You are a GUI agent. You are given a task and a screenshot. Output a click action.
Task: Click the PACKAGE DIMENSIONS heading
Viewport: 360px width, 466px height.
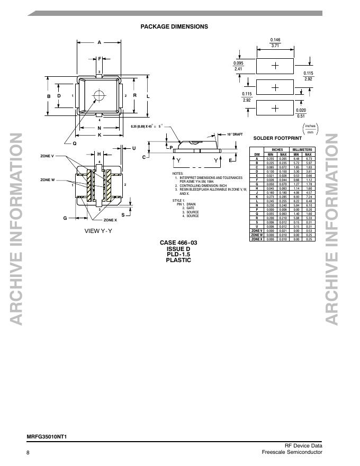174,26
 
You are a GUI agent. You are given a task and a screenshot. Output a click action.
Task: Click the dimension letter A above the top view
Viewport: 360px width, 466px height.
99,42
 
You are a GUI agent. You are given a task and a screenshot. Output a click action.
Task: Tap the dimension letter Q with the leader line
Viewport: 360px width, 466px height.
75,143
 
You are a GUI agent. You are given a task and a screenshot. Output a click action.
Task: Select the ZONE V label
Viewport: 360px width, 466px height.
48,156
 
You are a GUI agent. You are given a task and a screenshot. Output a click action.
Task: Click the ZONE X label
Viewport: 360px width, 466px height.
110,220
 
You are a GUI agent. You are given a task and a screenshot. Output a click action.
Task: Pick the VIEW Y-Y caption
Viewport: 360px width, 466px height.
98,231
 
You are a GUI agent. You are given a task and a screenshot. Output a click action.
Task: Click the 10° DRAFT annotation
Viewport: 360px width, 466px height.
235,135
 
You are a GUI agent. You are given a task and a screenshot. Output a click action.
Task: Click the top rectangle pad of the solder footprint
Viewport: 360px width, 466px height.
275,66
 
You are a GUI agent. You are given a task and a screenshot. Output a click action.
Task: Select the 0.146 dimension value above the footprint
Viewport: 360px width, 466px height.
275,40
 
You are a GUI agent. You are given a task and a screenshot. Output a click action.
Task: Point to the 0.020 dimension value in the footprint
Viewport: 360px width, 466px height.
301,110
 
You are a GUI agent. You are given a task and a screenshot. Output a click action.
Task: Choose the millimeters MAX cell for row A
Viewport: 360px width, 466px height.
308,158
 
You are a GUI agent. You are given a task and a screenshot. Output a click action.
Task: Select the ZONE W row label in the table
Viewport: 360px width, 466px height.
257,235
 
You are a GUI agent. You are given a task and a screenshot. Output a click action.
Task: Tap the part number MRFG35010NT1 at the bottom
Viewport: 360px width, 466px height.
47,437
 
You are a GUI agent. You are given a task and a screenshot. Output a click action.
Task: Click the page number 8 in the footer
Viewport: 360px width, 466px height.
28,452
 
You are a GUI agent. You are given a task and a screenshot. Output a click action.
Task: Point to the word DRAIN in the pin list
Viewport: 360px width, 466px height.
192,204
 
